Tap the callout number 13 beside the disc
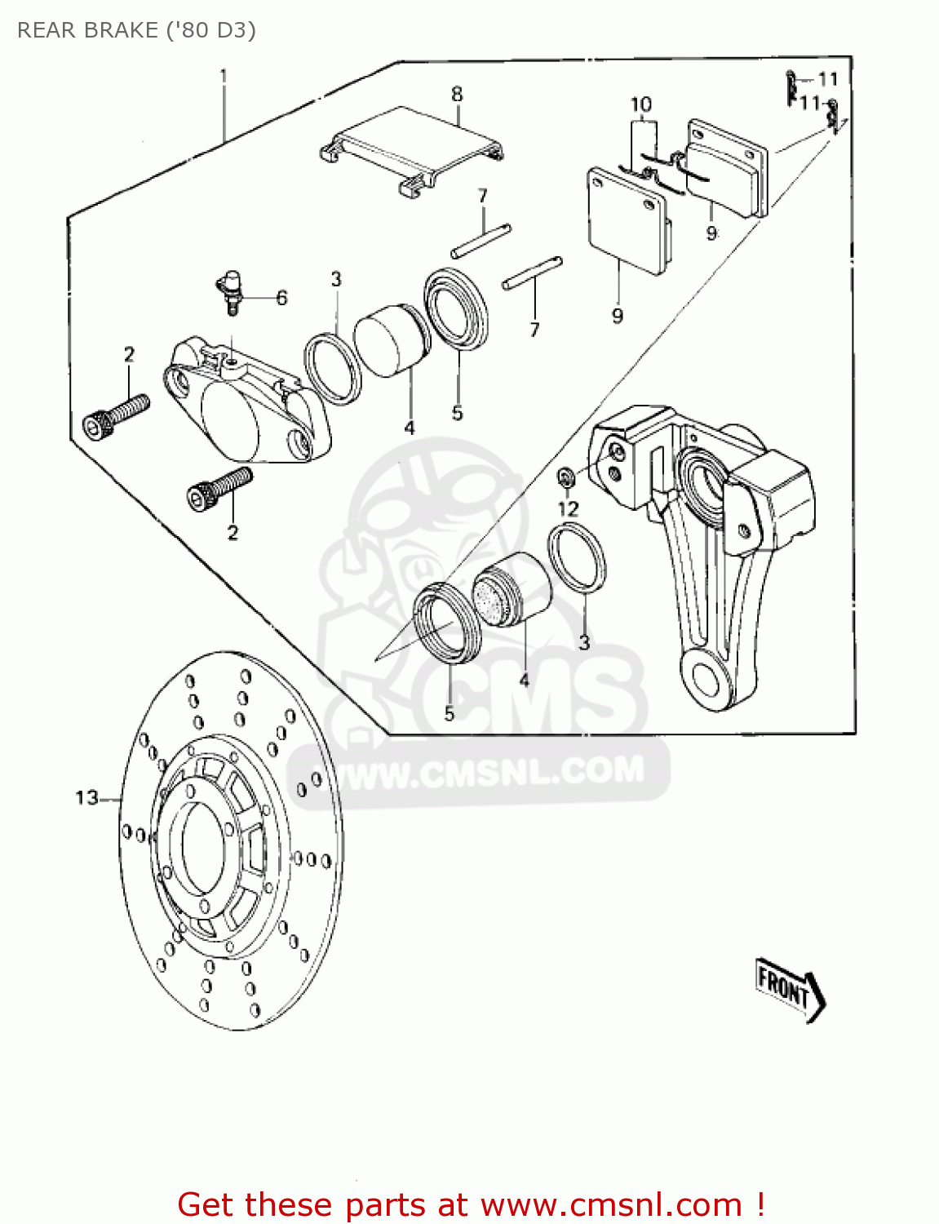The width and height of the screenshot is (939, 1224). pyautogui.click(x=86, y=798)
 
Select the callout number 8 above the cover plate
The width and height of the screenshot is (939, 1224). pyautogui.click(x=457, y=95)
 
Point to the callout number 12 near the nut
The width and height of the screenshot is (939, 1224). pyautogui.click(x=568, y=509)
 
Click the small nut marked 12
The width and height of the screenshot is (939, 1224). pyautogui.click(x=564, y=476)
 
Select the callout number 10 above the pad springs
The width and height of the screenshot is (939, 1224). pyautogui.click(x=641, y=105)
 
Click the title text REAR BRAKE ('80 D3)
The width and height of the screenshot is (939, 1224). pyautogui.click(x=136, y=30)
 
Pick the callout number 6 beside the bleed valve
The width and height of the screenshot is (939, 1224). pyautogui.click(x=281, y=298)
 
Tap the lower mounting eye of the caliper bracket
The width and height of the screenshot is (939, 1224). pyautogui.click(x=706, y=679)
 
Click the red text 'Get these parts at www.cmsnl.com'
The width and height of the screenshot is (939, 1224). pyautogui.click(x=471, y=1204)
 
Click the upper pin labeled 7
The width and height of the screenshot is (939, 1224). pyautogui.click(x=481, y=241)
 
